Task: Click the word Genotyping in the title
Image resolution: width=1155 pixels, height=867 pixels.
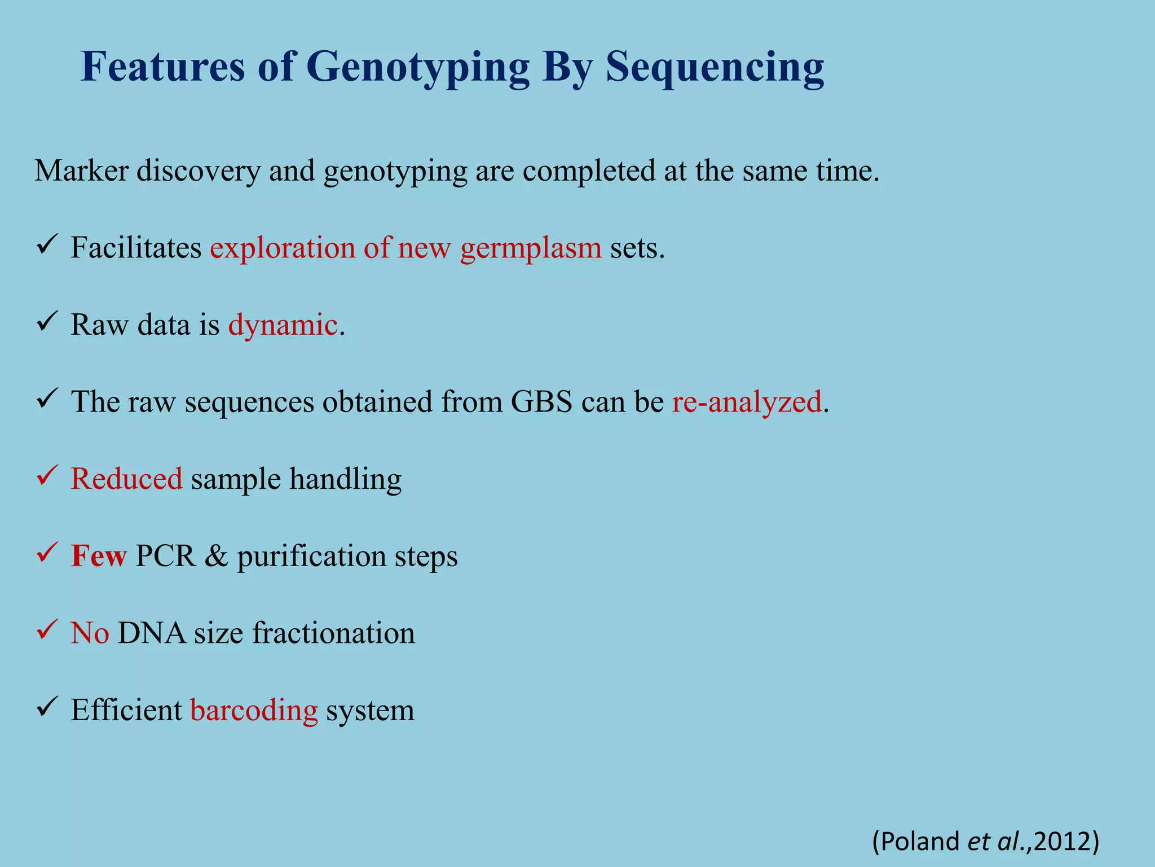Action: click(417, 68)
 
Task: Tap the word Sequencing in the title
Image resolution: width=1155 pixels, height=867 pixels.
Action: click(715, 68)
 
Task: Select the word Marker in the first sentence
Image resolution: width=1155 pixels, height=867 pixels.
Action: click(82, 170)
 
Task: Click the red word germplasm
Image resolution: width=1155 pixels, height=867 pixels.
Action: click(531, 248)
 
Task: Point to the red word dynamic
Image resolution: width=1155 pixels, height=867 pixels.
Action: click(283, 325)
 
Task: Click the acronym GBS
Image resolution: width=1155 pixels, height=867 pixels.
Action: click(541, 402)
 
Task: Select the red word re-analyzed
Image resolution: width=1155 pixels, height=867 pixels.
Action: click(746, 402)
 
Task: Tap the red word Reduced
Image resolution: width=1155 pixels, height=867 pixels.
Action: click(126, 479)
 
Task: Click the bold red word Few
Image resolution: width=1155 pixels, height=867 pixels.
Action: click(99, 555)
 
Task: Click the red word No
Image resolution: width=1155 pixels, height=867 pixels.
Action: click(90, 633)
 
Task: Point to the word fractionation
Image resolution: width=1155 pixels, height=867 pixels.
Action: click(333, 633)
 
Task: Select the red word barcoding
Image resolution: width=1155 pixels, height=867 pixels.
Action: click(254, 710)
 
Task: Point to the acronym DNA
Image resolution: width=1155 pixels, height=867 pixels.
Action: click(152, 633)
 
